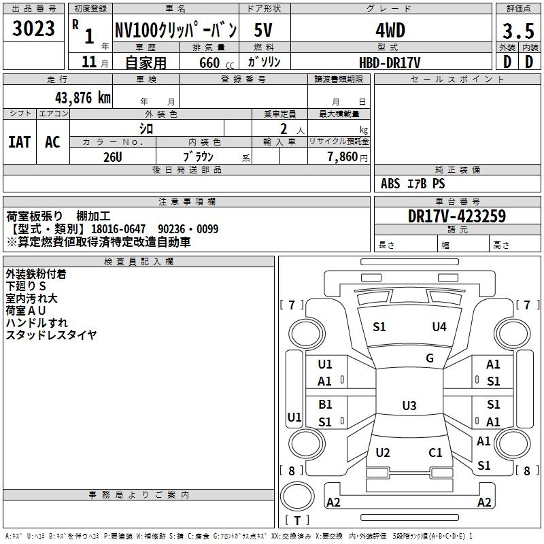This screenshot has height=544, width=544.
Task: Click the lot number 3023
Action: [34, 29]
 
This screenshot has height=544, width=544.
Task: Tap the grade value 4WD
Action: [390, 31]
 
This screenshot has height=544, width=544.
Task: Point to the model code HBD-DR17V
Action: [390, 63]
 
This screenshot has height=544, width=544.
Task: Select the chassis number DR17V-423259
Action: [457, 216]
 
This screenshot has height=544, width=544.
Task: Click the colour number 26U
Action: [112, 156]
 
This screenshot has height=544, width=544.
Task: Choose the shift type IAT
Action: [19, 142]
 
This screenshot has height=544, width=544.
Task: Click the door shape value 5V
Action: [264, 31]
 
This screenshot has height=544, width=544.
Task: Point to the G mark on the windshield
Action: [430, 358]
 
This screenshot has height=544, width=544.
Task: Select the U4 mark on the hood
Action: [439, 327]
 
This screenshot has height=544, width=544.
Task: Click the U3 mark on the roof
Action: [409, 406]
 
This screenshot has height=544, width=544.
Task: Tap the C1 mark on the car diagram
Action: [435, 452]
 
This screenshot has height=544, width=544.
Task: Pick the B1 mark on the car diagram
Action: [325, 405]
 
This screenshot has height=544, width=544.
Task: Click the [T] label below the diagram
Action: [297, 520]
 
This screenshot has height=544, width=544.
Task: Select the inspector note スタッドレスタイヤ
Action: [51, 335]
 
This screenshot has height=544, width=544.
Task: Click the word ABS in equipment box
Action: [390, 184]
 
